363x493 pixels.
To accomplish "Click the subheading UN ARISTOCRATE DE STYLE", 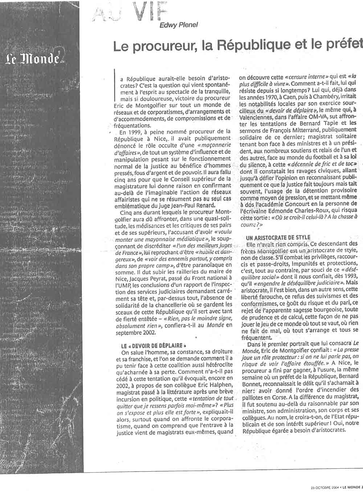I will click(x=278, y=238).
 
